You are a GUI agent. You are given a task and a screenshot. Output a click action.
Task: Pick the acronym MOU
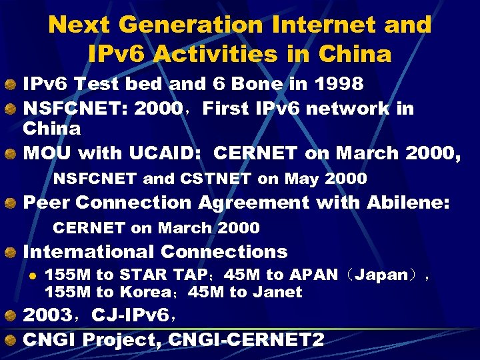[48, 153]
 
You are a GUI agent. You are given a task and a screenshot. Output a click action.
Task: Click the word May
[302, 179]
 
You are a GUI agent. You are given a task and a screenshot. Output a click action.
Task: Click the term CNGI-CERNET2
[246, 340]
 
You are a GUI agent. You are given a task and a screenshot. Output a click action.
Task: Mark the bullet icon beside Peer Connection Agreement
[11, 203]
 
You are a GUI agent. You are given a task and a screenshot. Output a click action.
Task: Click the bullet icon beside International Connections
[11, 253]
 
